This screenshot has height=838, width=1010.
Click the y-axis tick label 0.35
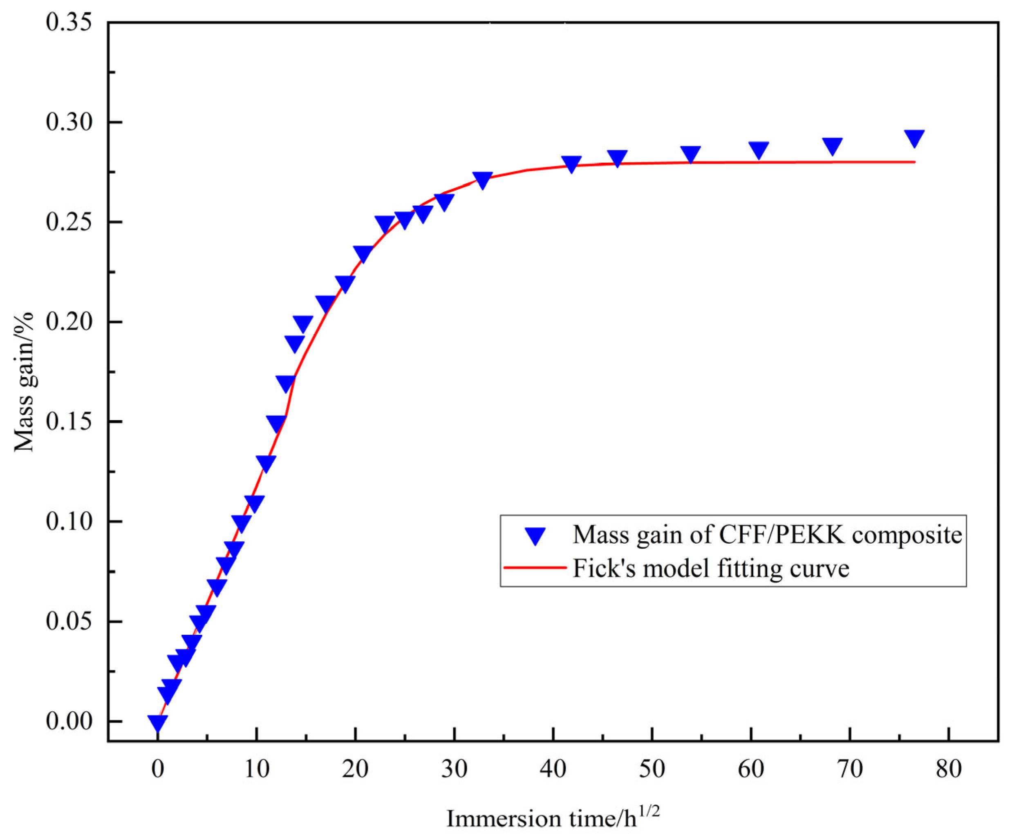(69, 22)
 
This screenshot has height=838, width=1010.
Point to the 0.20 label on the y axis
(69, 322)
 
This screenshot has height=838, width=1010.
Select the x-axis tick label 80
(948, 769)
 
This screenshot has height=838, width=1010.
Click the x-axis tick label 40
(553, 769)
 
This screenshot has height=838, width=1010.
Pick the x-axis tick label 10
(256, 769)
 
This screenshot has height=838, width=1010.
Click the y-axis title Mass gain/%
(24, 383)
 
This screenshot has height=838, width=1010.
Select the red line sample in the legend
(535, 568)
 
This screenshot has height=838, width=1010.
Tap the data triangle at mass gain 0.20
(302, 324)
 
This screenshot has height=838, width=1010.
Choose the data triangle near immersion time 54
(691, 155)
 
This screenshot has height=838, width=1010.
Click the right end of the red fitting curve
(914, 162)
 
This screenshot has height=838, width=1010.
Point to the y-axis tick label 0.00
(69, 721)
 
